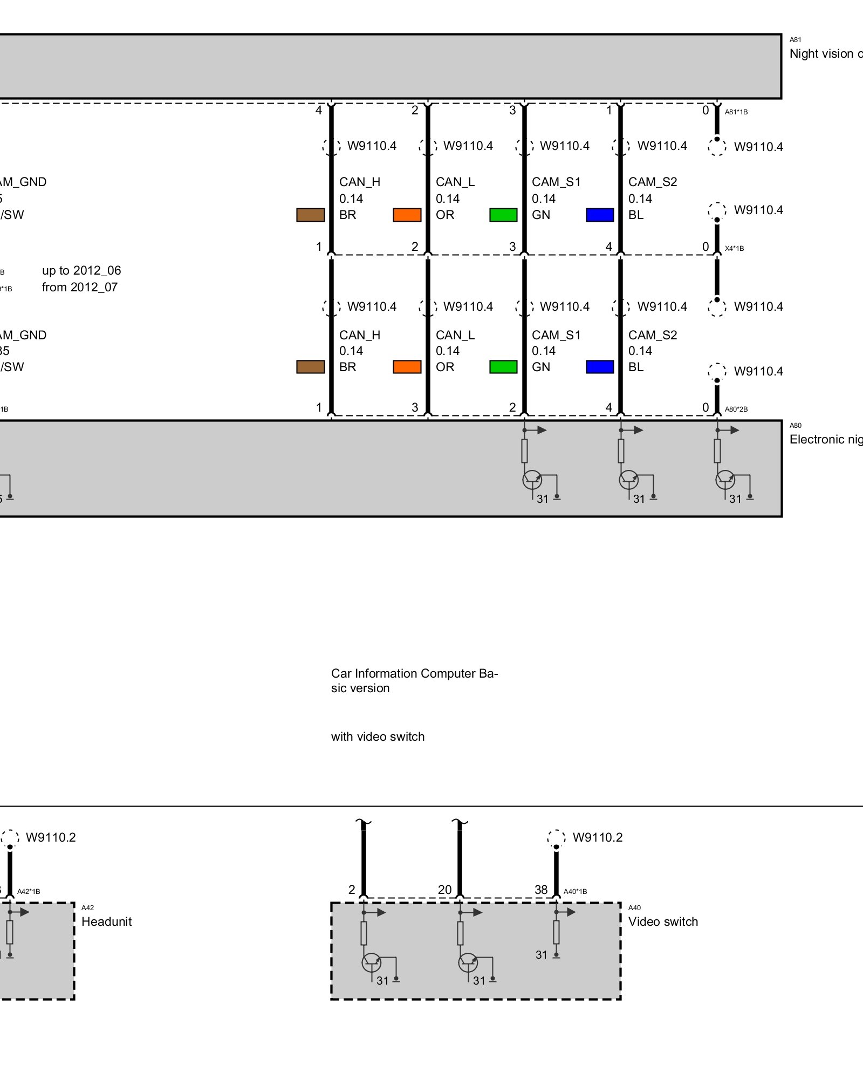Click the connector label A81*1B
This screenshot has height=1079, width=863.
pyautogui.click(x=736, y=112)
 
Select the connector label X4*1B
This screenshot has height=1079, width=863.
pyautogui.click(x=734, y=249)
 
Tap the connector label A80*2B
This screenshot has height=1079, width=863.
pyautogui.click(x=736, y=409)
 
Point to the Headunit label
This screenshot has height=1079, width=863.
pyautogui.click(x=106, y=921)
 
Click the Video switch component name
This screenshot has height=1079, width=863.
pyautogui.click(x=663, y=921)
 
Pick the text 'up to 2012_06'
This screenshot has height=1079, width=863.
pyautogui.click(x=81, y=270)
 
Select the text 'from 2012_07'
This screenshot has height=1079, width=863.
pyautogui.click(x=80, y=287)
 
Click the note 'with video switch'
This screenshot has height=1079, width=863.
pyautogui.click(x=378, y=736)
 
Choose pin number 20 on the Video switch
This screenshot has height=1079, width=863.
pyautogui.click(x=444, y=890)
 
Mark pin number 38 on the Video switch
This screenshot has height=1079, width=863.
pyautogui.click(x=541, y=890)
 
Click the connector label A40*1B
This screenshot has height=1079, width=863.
pyautogui.click(x=575, y=892)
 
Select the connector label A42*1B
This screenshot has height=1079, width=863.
pyautogui.click(x=29, y=892)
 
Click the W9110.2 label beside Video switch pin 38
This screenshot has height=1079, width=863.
pyautogui.click(x=597, y=837)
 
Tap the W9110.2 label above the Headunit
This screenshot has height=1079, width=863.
pyautogui.click(x=51, y=837)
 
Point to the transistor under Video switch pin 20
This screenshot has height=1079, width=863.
pyautogui.click(x=468, y=962)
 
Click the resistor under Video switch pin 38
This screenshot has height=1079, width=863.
pyautogui.click(x=556, y=932)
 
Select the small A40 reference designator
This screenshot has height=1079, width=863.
pyautogui.click(x=634, y=908)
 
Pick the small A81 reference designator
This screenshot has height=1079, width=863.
pyautogui.click(x=795, y=40)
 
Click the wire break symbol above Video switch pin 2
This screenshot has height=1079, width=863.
pyautogui.click(x=364, y=823)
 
